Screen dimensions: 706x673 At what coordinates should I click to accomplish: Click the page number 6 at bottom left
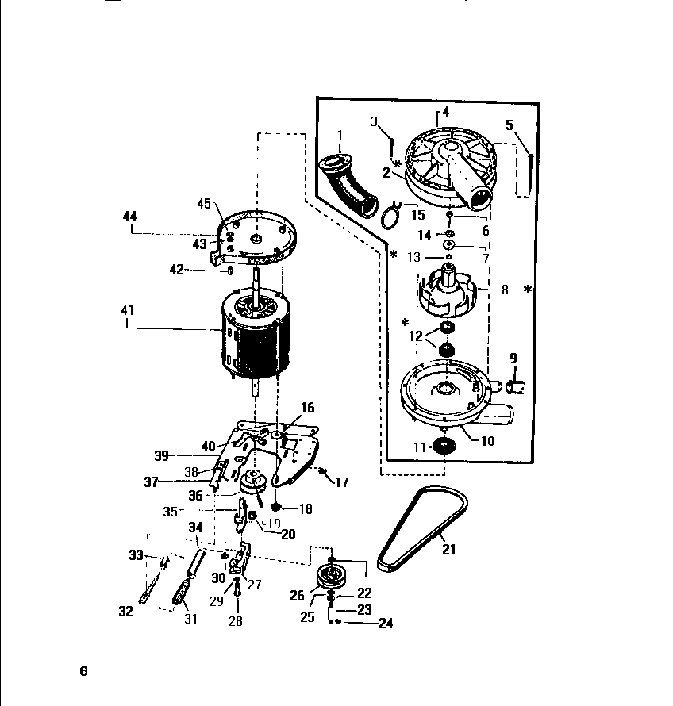(x=83, y=671)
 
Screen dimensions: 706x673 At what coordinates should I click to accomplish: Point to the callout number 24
(x=386, y=624)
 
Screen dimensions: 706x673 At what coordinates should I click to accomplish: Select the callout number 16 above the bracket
(x=307, y=409)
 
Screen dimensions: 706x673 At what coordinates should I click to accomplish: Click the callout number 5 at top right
(x=510, y=125)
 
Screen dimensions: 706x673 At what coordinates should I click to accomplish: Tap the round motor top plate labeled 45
(x=256, y=236)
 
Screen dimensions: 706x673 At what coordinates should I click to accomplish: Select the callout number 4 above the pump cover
(x=446, y=112)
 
